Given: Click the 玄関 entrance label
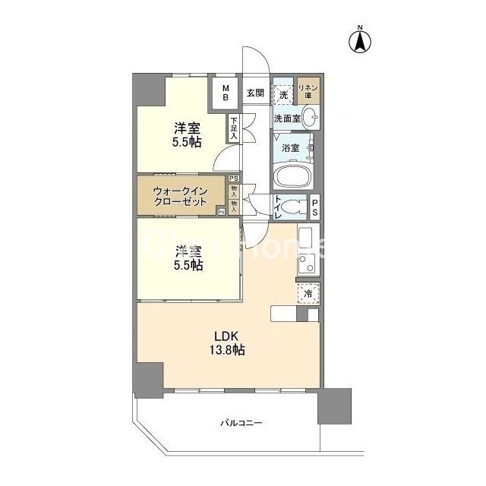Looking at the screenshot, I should (x=254, y=93).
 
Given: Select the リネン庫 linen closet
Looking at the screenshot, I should (x=309, y=93).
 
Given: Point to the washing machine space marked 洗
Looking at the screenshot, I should (x=282, y=95).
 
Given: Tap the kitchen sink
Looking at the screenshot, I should (x=305, y=237).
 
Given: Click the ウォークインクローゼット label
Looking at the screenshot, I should (x=180, y=197).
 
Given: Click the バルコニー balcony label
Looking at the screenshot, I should (x=241, y=423).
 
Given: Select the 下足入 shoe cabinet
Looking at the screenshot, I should (x=234, y=128).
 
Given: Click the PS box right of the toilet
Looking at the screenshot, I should (x=314, y=206).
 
